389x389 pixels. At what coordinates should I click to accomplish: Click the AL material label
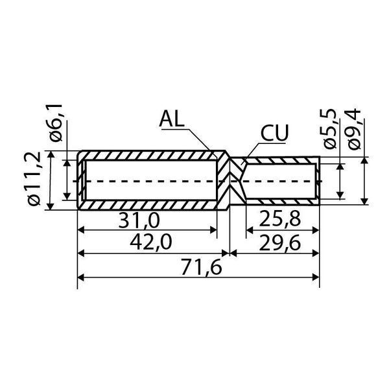[172, 119]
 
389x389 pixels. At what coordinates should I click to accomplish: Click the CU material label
[275, 133]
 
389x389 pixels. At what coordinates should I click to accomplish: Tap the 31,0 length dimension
[139, 221]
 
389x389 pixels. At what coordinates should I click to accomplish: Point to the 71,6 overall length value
[201, 267]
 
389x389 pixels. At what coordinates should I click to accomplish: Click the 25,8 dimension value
[280, 220]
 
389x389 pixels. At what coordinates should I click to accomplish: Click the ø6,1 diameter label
[54, 123]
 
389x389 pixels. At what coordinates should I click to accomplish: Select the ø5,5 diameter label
[329, 130]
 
